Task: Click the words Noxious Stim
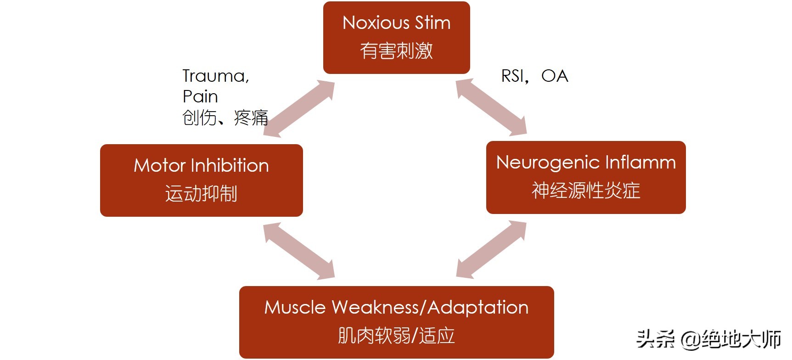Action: [x=396, y=23]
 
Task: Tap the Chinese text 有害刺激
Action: [x=396, y=51]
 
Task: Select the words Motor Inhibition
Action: [x=201, y=165]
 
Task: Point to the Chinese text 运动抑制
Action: [x=201, y=193]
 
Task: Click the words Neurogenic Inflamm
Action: [x=586, y=163]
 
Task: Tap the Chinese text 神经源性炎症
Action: [x=586, y=190]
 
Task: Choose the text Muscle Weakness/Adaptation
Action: [x=396, y=307]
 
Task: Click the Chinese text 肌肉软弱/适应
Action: [x=396, y=336]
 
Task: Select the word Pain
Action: [x=200, y=96]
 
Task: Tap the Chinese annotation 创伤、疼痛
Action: [x=225, y=118]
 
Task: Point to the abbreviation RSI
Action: [x=512, y=76]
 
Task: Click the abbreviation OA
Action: [x=555, y=76]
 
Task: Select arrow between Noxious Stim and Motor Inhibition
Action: [x=299, y=109]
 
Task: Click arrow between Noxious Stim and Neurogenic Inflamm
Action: [x=491, y=107]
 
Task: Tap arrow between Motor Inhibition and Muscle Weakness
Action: [x=299, y=251]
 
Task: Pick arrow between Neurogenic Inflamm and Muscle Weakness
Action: [x=491, y=249]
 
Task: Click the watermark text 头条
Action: [x=655, y=339]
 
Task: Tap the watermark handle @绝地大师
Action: [x=730, y=339]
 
